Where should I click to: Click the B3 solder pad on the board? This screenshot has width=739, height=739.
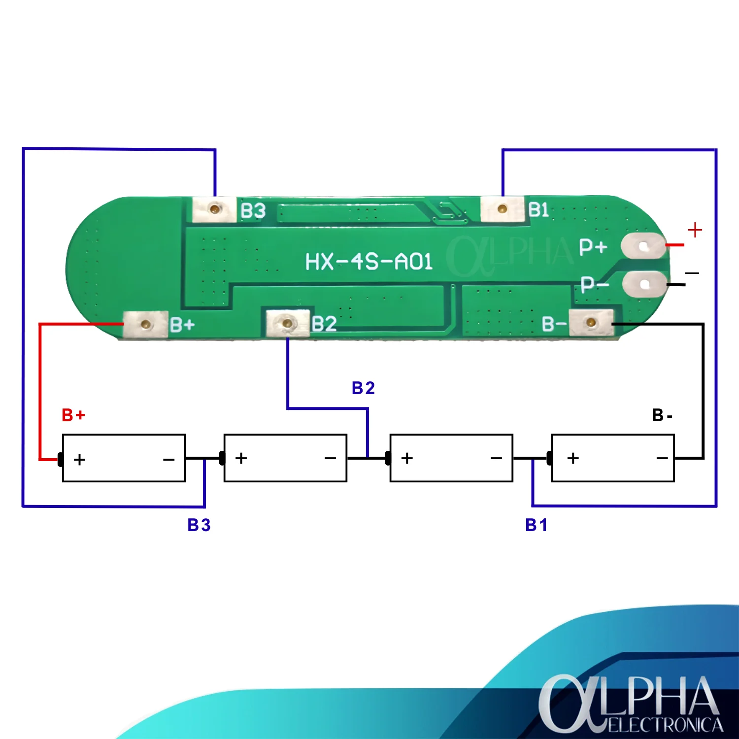click(x=214, y=209)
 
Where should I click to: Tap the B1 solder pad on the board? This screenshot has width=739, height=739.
click(x=502, y=209)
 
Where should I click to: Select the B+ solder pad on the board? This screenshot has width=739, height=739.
click(x=145, y=324)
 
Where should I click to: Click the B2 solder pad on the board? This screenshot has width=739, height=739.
click(x=288, y=323)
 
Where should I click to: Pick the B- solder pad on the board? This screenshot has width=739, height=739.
click(x=591, y=323)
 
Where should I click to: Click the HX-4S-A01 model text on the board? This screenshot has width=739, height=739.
click(x=369, y=261)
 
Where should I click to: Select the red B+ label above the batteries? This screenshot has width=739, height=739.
click(x=73, y=415)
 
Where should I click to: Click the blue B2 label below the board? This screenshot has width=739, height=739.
click(x=364, y=388)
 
